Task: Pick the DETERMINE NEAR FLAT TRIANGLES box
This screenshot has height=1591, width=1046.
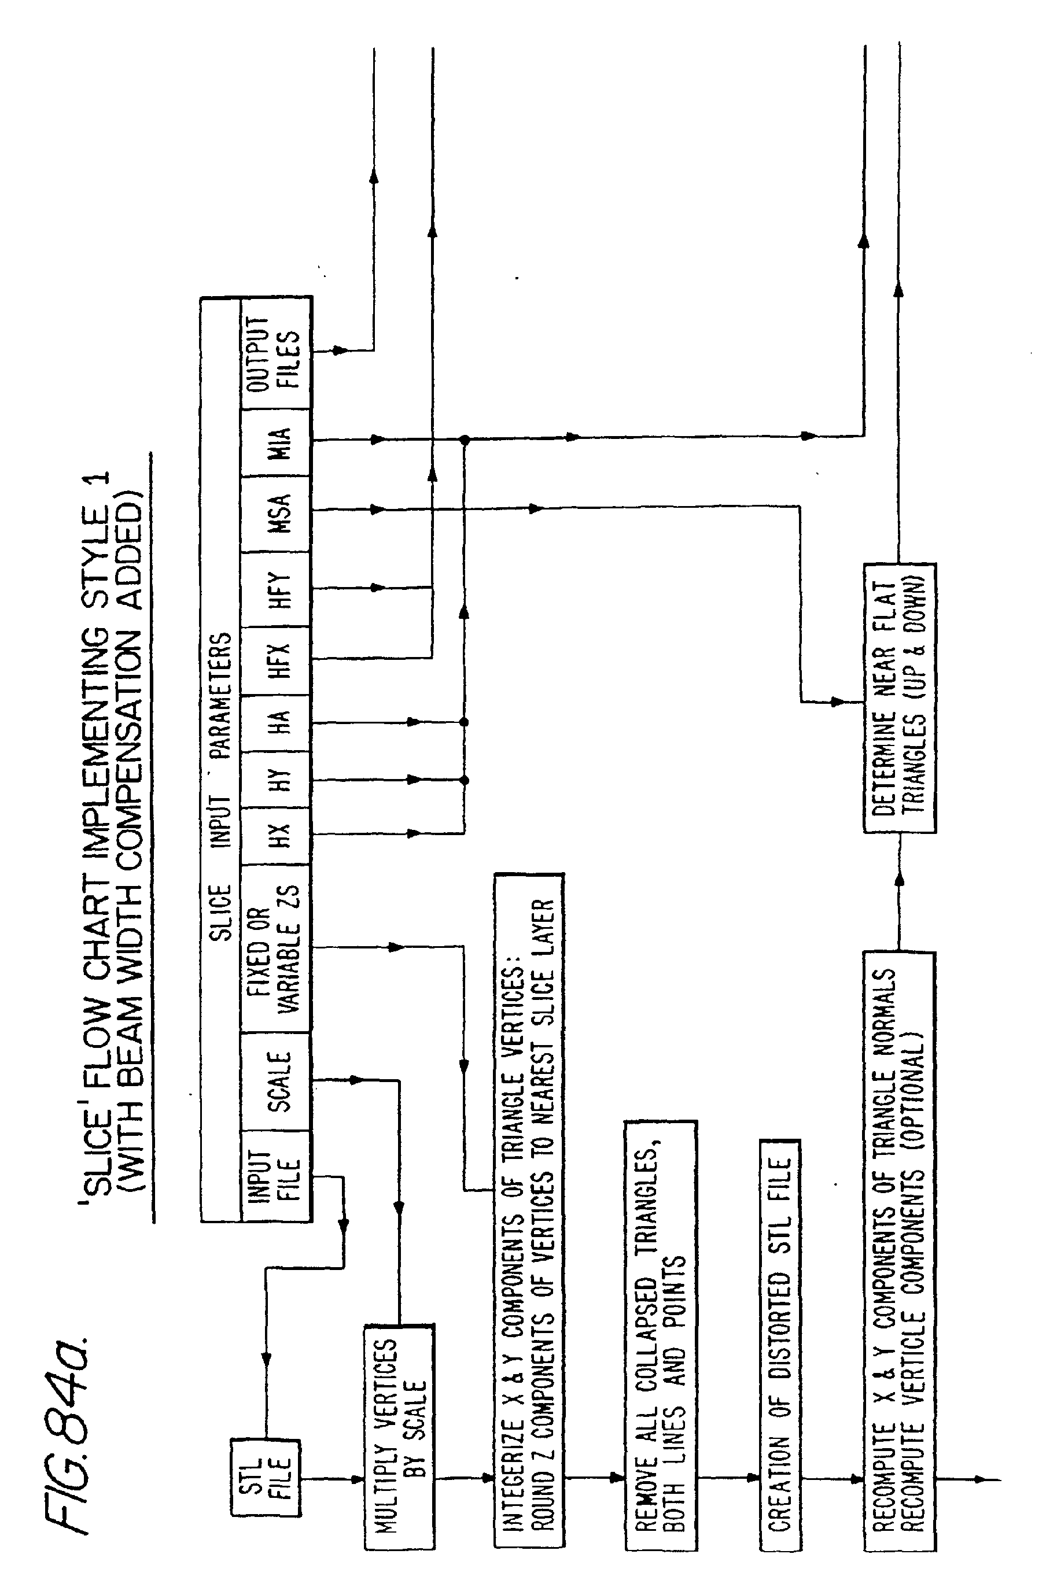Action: [x=900, y=698]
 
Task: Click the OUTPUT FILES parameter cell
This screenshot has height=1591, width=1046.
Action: [x=276, y=353]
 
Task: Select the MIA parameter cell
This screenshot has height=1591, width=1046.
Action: [x=276, y=442]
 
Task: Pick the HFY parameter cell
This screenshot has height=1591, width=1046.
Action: [x=276, y=589]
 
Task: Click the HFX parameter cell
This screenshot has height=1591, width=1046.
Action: [x=276, y=660]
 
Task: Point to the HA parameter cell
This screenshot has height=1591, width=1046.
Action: [x=276, y=723]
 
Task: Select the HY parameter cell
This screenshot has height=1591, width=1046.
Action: [x=276, y=779]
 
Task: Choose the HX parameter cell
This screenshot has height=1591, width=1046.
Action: [x=276, y=836]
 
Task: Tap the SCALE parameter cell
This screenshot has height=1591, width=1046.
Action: [x=276, y=1081]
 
